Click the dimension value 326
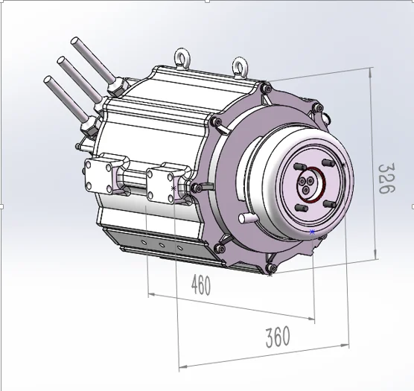coord(384,179)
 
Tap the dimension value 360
coord(277,337)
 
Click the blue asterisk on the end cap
coord(312,232)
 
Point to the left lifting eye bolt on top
coord(179,57)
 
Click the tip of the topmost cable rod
coord(74,39)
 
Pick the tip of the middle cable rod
coord(61,58)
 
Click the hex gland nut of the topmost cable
coord(116,89)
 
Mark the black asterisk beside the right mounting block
coord(173,188)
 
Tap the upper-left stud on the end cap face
coord(299,166)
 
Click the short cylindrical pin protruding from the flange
coord(244,218)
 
